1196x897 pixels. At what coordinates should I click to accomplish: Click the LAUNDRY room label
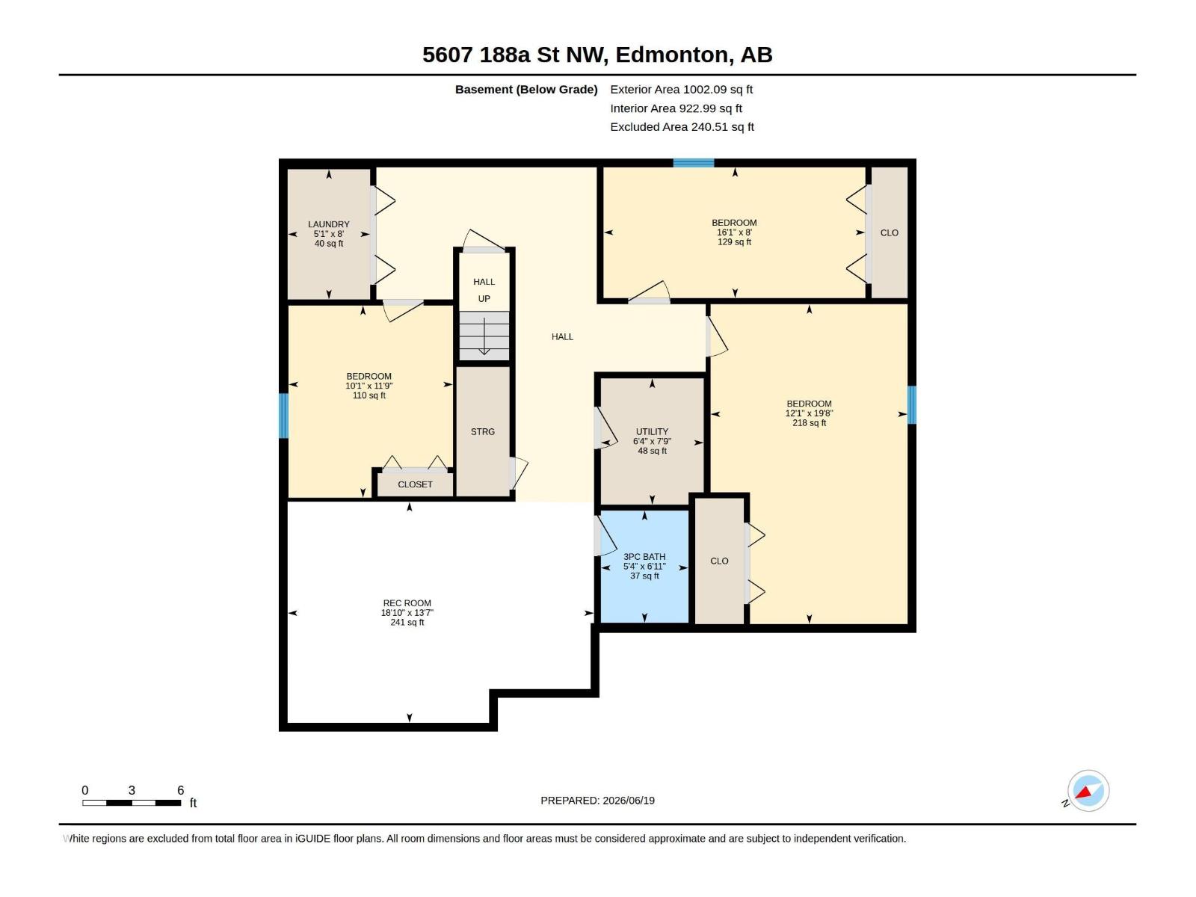pos(329,224)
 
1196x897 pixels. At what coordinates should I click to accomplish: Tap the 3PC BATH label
pos(644,557)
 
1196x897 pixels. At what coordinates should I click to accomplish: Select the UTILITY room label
pos(653,431)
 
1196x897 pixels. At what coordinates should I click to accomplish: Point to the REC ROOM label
pos(407,603)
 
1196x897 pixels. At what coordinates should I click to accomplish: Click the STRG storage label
pos(483,432)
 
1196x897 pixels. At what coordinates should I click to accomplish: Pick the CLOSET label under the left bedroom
pos(415,484)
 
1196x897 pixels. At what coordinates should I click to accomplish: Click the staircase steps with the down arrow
pos(484,336)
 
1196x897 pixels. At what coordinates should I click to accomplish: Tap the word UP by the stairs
pos(484,299)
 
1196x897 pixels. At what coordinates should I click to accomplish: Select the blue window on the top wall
pos(694,163)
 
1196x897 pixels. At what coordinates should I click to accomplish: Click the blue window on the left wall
pos(283,416)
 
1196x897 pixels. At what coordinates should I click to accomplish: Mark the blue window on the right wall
pos(911,404)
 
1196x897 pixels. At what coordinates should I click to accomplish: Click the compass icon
pos(1088,791)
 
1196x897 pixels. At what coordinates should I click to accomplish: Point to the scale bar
pos(132,803)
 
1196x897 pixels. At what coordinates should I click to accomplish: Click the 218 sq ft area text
pos(809,422)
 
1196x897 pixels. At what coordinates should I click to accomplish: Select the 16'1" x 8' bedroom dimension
pos(735,232)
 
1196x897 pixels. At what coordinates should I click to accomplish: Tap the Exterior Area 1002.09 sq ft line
pos(681,89)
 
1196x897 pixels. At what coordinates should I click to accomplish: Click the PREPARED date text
pos(598,801)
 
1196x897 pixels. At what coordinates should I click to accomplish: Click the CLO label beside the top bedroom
pos(890,233)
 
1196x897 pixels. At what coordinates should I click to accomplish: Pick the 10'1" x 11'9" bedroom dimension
pos(369,386)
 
